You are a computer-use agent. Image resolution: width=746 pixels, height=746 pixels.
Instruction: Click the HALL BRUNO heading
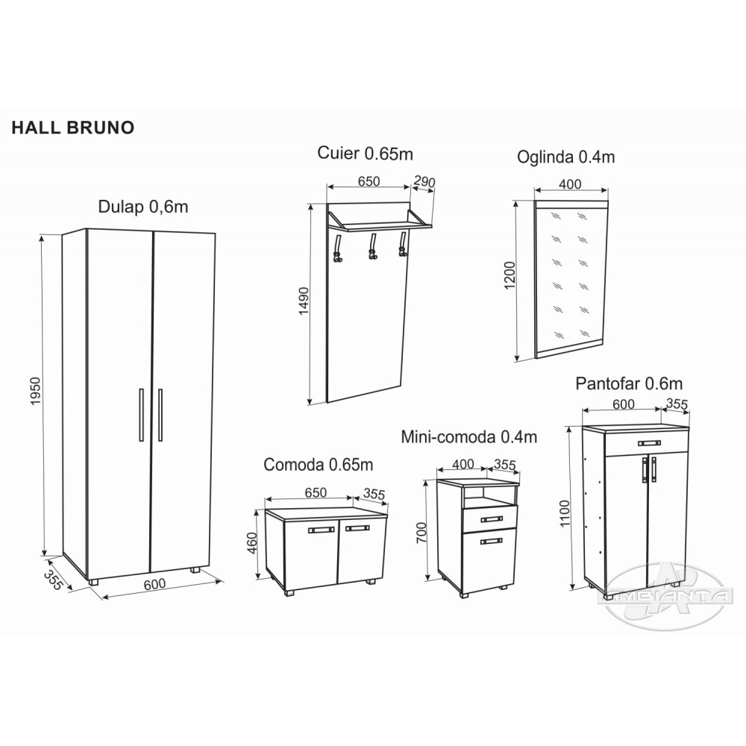point(73,128)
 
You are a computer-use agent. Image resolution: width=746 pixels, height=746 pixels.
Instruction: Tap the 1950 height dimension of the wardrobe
point(36,391)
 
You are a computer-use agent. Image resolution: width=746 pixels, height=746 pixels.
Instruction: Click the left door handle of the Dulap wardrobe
point(141,415)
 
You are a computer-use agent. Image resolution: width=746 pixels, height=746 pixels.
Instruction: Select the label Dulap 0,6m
point(142,207)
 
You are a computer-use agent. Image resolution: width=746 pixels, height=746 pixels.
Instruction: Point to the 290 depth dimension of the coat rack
point(424,181)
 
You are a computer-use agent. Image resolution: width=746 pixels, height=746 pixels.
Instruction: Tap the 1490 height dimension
point(304,301)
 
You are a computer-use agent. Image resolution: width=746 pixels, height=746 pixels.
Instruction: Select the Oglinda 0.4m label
point(565,157)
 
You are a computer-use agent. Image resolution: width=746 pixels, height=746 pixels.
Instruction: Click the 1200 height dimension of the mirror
point(510,275)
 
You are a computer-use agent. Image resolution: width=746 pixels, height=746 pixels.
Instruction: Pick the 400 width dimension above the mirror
point(571,184)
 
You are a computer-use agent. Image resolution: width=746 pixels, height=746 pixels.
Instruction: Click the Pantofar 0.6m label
point(629,383)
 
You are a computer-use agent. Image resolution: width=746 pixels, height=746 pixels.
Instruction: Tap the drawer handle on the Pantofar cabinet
point(650,443)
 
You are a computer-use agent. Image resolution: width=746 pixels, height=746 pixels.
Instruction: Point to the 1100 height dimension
point(565,513)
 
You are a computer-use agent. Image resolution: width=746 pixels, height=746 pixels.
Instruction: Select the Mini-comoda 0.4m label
point(469,436)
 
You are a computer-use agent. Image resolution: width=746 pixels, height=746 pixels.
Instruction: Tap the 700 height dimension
point(421,533)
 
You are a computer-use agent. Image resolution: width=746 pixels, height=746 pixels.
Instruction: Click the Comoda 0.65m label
point(319,464)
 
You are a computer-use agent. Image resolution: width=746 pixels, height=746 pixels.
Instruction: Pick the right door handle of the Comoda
point(357,529)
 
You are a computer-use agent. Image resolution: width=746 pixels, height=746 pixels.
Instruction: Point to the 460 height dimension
point(252,543)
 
